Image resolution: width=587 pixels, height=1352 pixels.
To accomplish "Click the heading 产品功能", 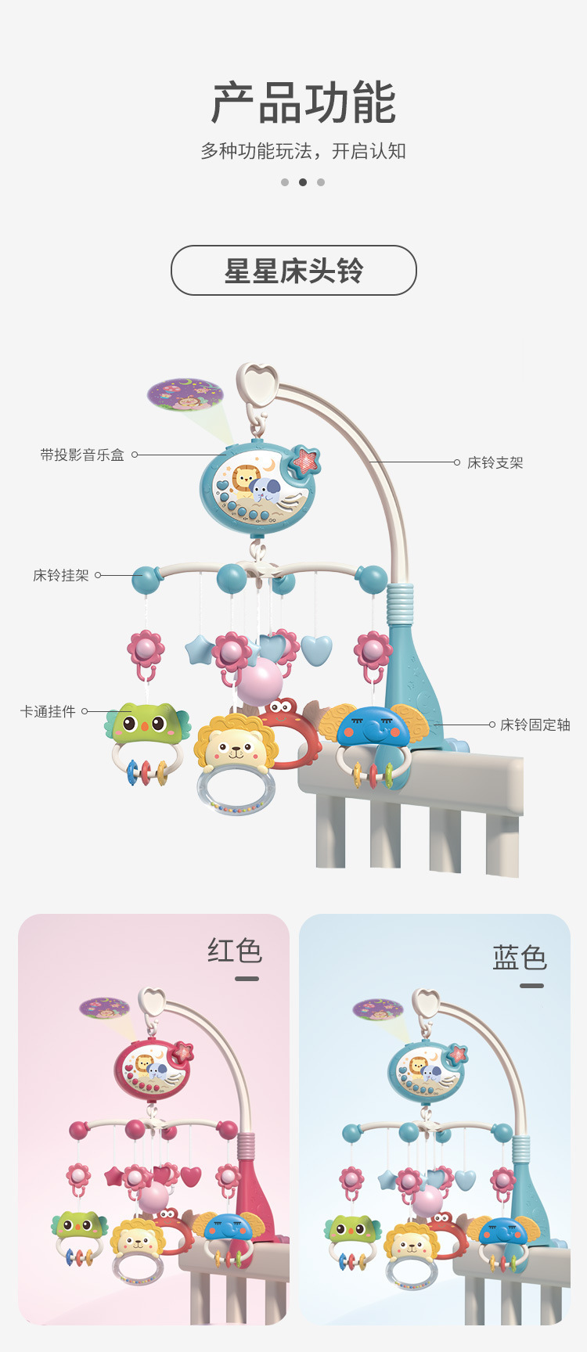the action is pyautogui.click(x=304, y=102).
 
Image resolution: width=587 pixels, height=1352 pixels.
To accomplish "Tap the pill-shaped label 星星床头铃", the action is pyautogui.click(x=293, y=271).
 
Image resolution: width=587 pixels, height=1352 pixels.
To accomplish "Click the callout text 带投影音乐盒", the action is pyautogui.click(x=82, y=455).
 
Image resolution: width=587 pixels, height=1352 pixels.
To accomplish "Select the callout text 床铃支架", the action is pyautogui.click(x=495, y=462).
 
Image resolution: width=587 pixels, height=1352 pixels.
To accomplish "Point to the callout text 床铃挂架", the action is pyautogui.click(x=61, y=575).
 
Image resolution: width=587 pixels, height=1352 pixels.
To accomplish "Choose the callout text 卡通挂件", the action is pyautogui.click(x=48, y=711).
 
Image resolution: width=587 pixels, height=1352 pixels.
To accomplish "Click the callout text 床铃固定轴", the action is pyautogui.click(x=535, y=725).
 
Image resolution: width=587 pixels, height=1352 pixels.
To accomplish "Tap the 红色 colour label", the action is pyautogui.click(x=235, y=951).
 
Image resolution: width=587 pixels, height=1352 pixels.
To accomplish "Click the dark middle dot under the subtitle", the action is pyautogui.click(x=303, y=182).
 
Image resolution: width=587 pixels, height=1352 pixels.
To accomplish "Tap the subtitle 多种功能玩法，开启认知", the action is pyautogui.click(x=303, y=151).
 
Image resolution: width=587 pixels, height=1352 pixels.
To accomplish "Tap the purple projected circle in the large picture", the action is pyautogui.click(x=185, y=394).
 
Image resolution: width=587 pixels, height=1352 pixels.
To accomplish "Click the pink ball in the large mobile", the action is pyautogui.click(x=259, y=681).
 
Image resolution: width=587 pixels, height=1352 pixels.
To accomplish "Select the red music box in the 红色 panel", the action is pyautogui.click(x=152, y=1070).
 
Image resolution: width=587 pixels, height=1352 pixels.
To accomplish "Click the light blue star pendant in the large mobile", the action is pyautogui.click(x=200, y=649).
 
